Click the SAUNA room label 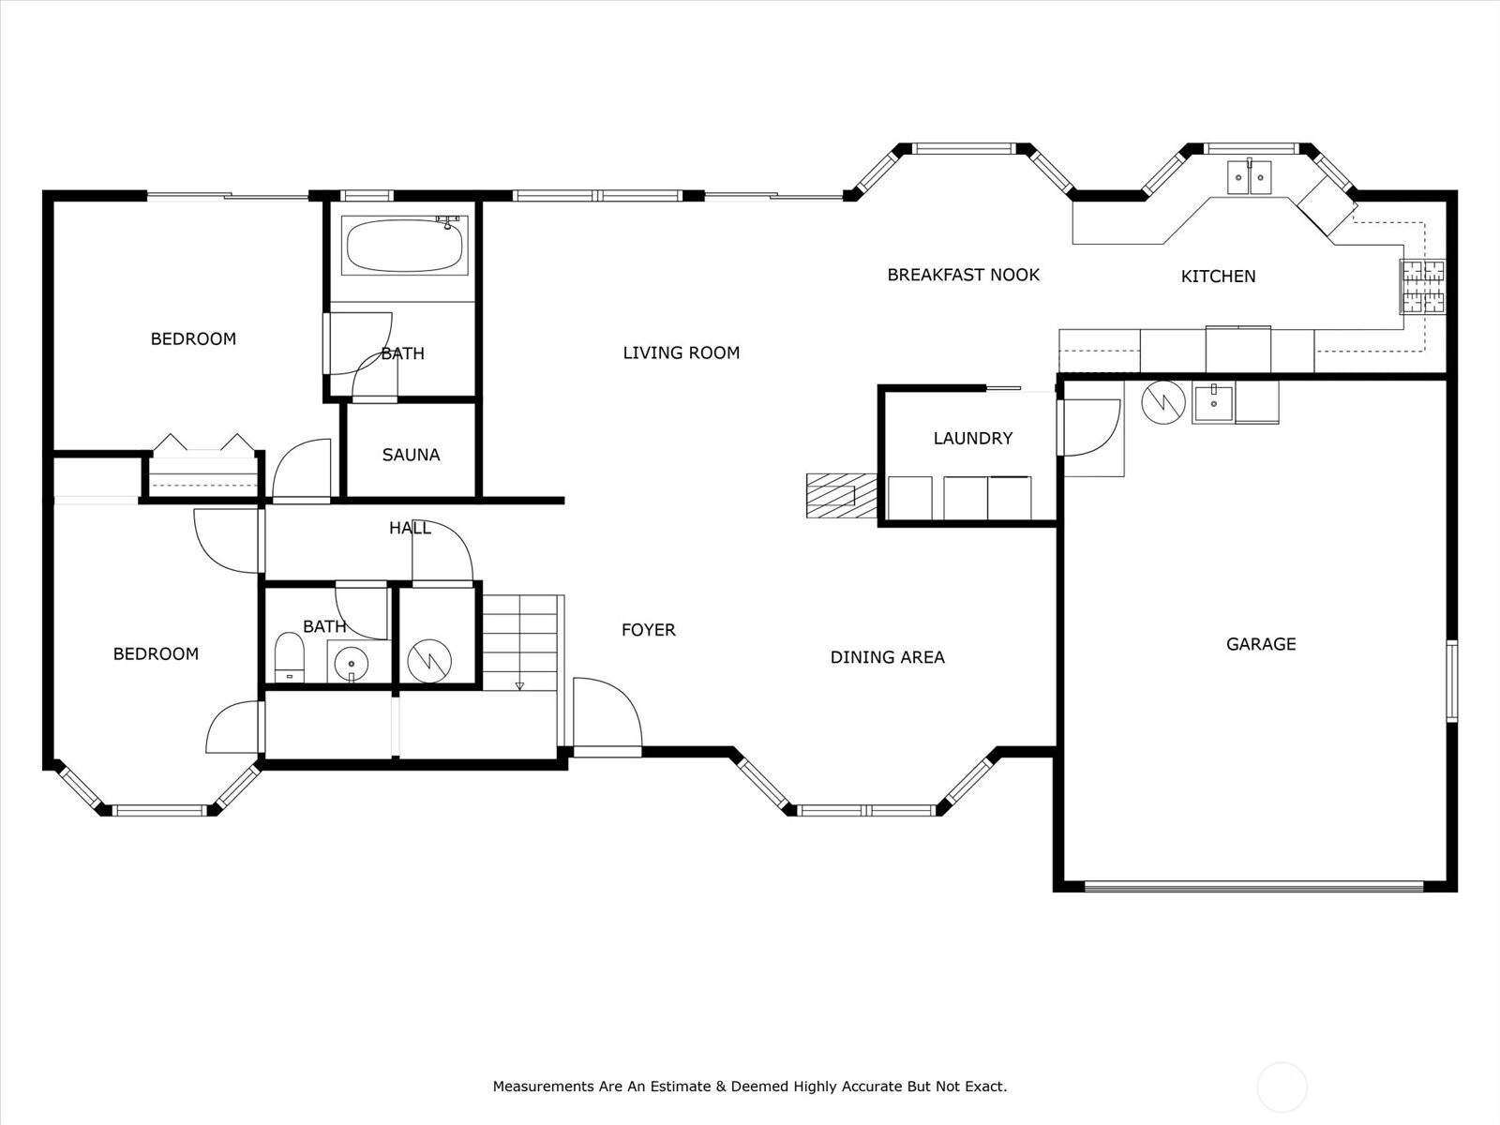click(411, 455)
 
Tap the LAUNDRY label click(973, 438)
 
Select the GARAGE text click(1261, 644)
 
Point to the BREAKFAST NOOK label click(963, 275)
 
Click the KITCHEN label click(1219, 276)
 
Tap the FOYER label click(649, 630)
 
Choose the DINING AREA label click(887, 657)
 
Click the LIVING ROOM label click(682, 352)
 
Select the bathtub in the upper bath click(404, 246)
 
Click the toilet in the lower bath click(289, 657)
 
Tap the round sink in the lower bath click(352, 663)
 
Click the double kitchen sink click(1249, 177)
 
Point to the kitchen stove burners click(1423, 286)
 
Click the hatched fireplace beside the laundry click(841, 496)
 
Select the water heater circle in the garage click(1163, 402)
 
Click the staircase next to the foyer click(520, 643)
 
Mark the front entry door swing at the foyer click(607, 716)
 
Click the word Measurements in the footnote click(543, 1086)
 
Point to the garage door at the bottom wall click(1254, 887)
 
